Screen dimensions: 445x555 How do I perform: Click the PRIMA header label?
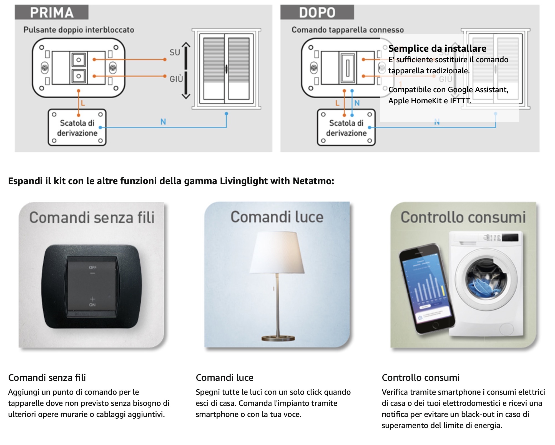pyautogui.click(x=52, y=12)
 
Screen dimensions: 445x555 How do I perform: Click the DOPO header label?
pyautogui.click(x=317, y=12)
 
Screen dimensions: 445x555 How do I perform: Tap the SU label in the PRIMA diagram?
pyautogui.click(x=175, y=52)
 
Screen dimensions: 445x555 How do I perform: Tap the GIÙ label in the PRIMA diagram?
pyautogui.click(x=176, y=79)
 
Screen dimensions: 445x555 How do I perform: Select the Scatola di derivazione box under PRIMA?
pyautogui.click(x=77, y=128)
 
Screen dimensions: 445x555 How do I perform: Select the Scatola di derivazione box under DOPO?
pyautogui.click(x=346, y=128)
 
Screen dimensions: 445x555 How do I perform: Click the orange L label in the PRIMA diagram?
pyautogui.click(x=83, y=103)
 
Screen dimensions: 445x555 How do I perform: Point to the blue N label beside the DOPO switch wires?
pyautogui.click(x=357, y=103)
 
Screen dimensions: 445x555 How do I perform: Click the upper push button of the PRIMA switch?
pyautogui.click(x=79, y=60)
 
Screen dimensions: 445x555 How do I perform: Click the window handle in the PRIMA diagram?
pyautogui.click(x=227, y=69)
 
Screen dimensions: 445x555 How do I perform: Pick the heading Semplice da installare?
pyautogui.click(x=437, y=49)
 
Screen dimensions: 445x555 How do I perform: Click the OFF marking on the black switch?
pyautogui.click(x=92, y=267)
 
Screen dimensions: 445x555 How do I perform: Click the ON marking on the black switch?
pyautogui.click(x=92, y=304)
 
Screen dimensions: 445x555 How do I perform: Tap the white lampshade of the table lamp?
pyautogui.click(x=277, y=253)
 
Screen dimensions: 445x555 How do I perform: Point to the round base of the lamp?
pyautogui.click(x=278, y=338)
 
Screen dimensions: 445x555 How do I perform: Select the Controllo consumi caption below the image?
pyautogui.click(x=420, y=378)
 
